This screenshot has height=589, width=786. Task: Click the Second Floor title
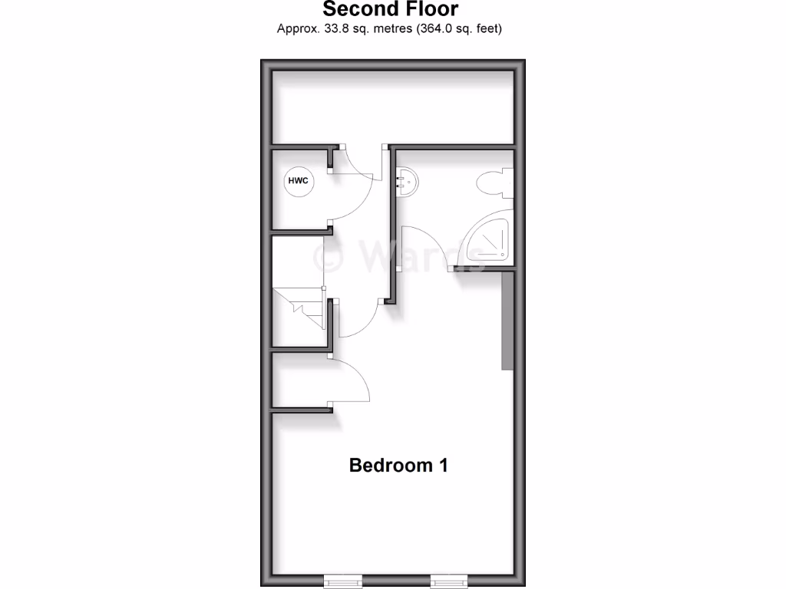390,10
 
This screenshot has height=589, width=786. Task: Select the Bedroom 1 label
398,465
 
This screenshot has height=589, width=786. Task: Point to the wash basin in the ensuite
407,181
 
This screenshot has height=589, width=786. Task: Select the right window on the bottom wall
447,581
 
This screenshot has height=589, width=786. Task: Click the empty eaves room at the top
392,107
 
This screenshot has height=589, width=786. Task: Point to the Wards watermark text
399,256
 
